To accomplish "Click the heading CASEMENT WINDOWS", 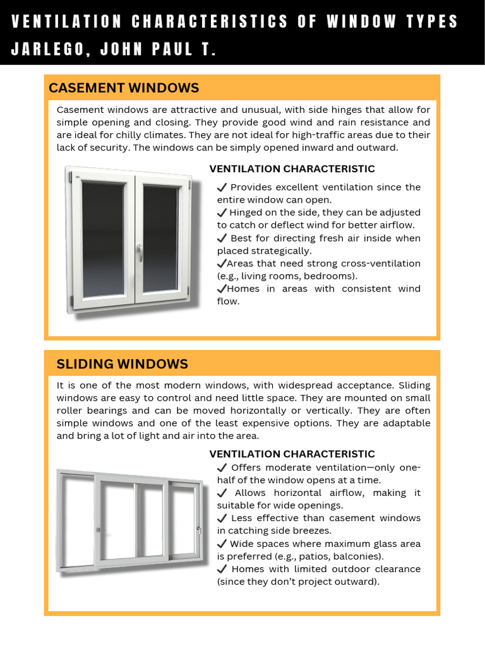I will [124, 88].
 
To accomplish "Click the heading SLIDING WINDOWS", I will [123, 364].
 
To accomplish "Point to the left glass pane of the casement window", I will [104, 238].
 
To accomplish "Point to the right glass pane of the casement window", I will [160, 238].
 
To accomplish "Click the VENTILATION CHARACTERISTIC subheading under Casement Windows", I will [292, 169].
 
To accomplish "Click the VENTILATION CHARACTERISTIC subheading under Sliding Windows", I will [292, 454].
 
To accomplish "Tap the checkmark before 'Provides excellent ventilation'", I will [222, 187].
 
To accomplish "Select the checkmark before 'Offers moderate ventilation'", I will [222, 467].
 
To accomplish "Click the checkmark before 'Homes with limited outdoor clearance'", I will [222, 569].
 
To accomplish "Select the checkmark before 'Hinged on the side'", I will [222, 213].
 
